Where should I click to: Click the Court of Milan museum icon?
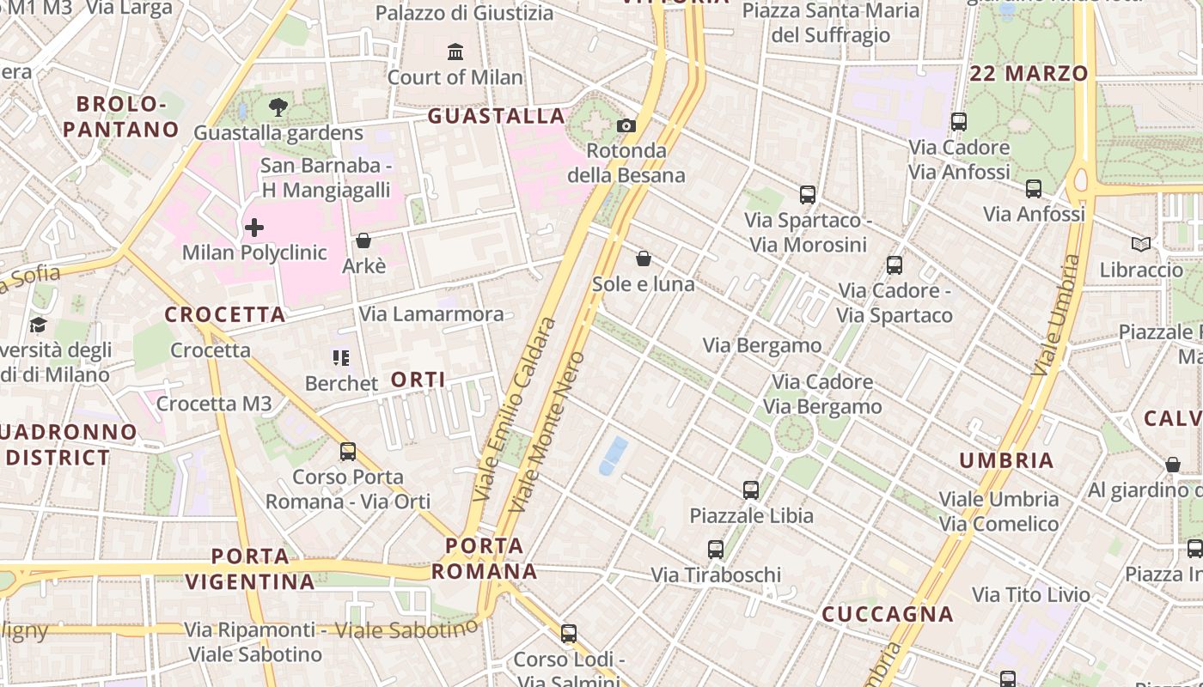(x=455, y=52)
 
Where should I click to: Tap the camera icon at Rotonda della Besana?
(x=626, y=126)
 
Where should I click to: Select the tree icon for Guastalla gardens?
(x=278, y=107)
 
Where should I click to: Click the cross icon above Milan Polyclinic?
(x=254, y=228)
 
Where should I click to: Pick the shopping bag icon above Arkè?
(x=363, y=240)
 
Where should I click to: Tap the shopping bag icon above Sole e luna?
(x=644, y=258)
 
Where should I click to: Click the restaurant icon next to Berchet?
(x=341, y=357)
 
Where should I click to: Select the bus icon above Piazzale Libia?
(x=751, y=490)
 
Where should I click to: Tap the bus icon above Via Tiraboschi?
(x=716, y=550)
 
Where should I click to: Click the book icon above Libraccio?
(x=1141, y=245)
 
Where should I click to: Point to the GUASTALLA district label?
(x=497, y=116)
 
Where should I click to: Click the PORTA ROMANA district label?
(x=485, y=558)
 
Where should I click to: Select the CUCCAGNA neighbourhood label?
(x=888, y=614)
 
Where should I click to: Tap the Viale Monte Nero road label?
(x=547, y=432)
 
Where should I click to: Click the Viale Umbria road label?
(x=1055, y=314)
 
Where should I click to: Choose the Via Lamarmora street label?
(x=431, y=313)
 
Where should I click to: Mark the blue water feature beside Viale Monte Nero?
(x=613, y=455)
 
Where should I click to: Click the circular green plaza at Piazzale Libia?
(x=793, y=433)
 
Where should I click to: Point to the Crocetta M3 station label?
(x=214, y=404)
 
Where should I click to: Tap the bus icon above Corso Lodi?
(x=569, y=634)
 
